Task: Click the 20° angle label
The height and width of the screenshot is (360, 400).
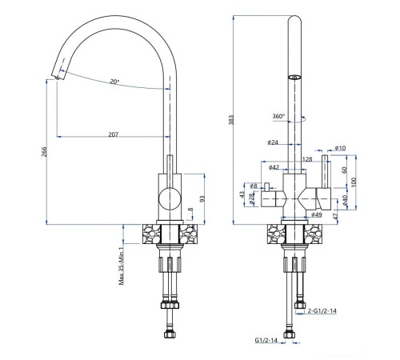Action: point(114,82)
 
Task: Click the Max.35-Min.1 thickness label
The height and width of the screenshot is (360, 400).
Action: point(122,264)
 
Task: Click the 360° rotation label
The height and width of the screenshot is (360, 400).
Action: point(279,116)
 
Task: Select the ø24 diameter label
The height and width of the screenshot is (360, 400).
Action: point(272,144)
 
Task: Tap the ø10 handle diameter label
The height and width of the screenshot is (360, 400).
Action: point(339,148)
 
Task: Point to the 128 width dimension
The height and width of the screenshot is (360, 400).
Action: point(307,159)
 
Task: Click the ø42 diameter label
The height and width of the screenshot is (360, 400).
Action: point(274,167)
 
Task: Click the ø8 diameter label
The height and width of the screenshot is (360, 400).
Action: point(253,185)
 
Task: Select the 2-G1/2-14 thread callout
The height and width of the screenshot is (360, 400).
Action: point(324,311)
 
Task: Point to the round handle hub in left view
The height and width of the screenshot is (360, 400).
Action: point(169,198)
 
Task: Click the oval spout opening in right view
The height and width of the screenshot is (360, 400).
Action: point(294,78)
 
